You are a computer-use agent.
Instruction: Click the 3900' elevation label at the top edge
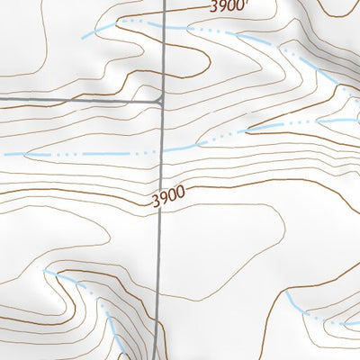click(226, 6)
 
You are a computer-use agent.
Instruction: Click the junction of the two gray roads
click(161, 101)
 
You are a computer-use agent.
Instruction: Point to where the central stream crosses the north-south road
click(163, 150)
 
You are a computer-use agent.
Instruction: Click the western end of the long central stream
click(4, 155)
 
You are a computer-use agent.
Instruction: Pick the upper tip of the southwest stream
click(45, 270)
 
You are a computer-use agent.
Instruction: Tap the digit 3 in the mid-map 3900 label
click(155, 200)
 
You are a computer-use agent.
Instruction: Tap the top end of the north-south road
click(168, 2)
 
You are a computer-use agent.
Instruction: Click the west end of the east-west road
click(2, 98)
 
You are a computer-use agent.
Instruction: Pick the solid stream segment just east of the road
click(180, 147)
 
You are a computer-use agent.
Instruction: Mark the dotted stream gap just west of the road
click(148, 153)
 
